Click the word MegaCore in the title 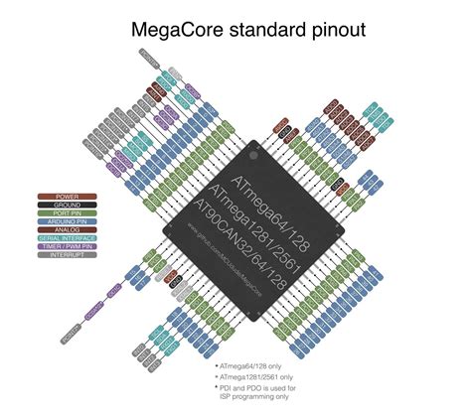(177, 31)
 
